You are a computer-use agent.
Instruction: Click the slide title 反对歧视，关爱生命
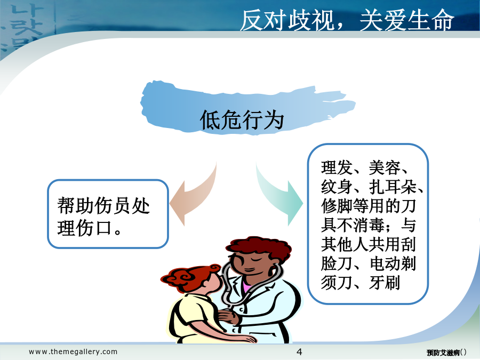click(347, 20)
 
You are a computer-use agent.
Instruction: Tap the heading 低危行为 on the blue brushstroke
click(242, 120)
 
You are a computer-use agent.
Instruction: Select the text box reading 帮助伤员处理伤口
click(108, 214)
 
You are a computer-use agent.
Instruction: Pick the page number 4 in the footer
click(299, 352)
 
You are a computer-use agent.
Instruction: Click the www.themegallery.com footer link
click(73, 352)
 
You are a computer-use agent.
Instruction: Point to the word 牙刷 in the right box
click(385, 282)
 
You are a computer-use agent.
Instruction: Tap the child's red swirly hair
click(190, 277)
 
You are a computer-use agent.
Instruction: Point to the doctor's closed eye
click(258, 259)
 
